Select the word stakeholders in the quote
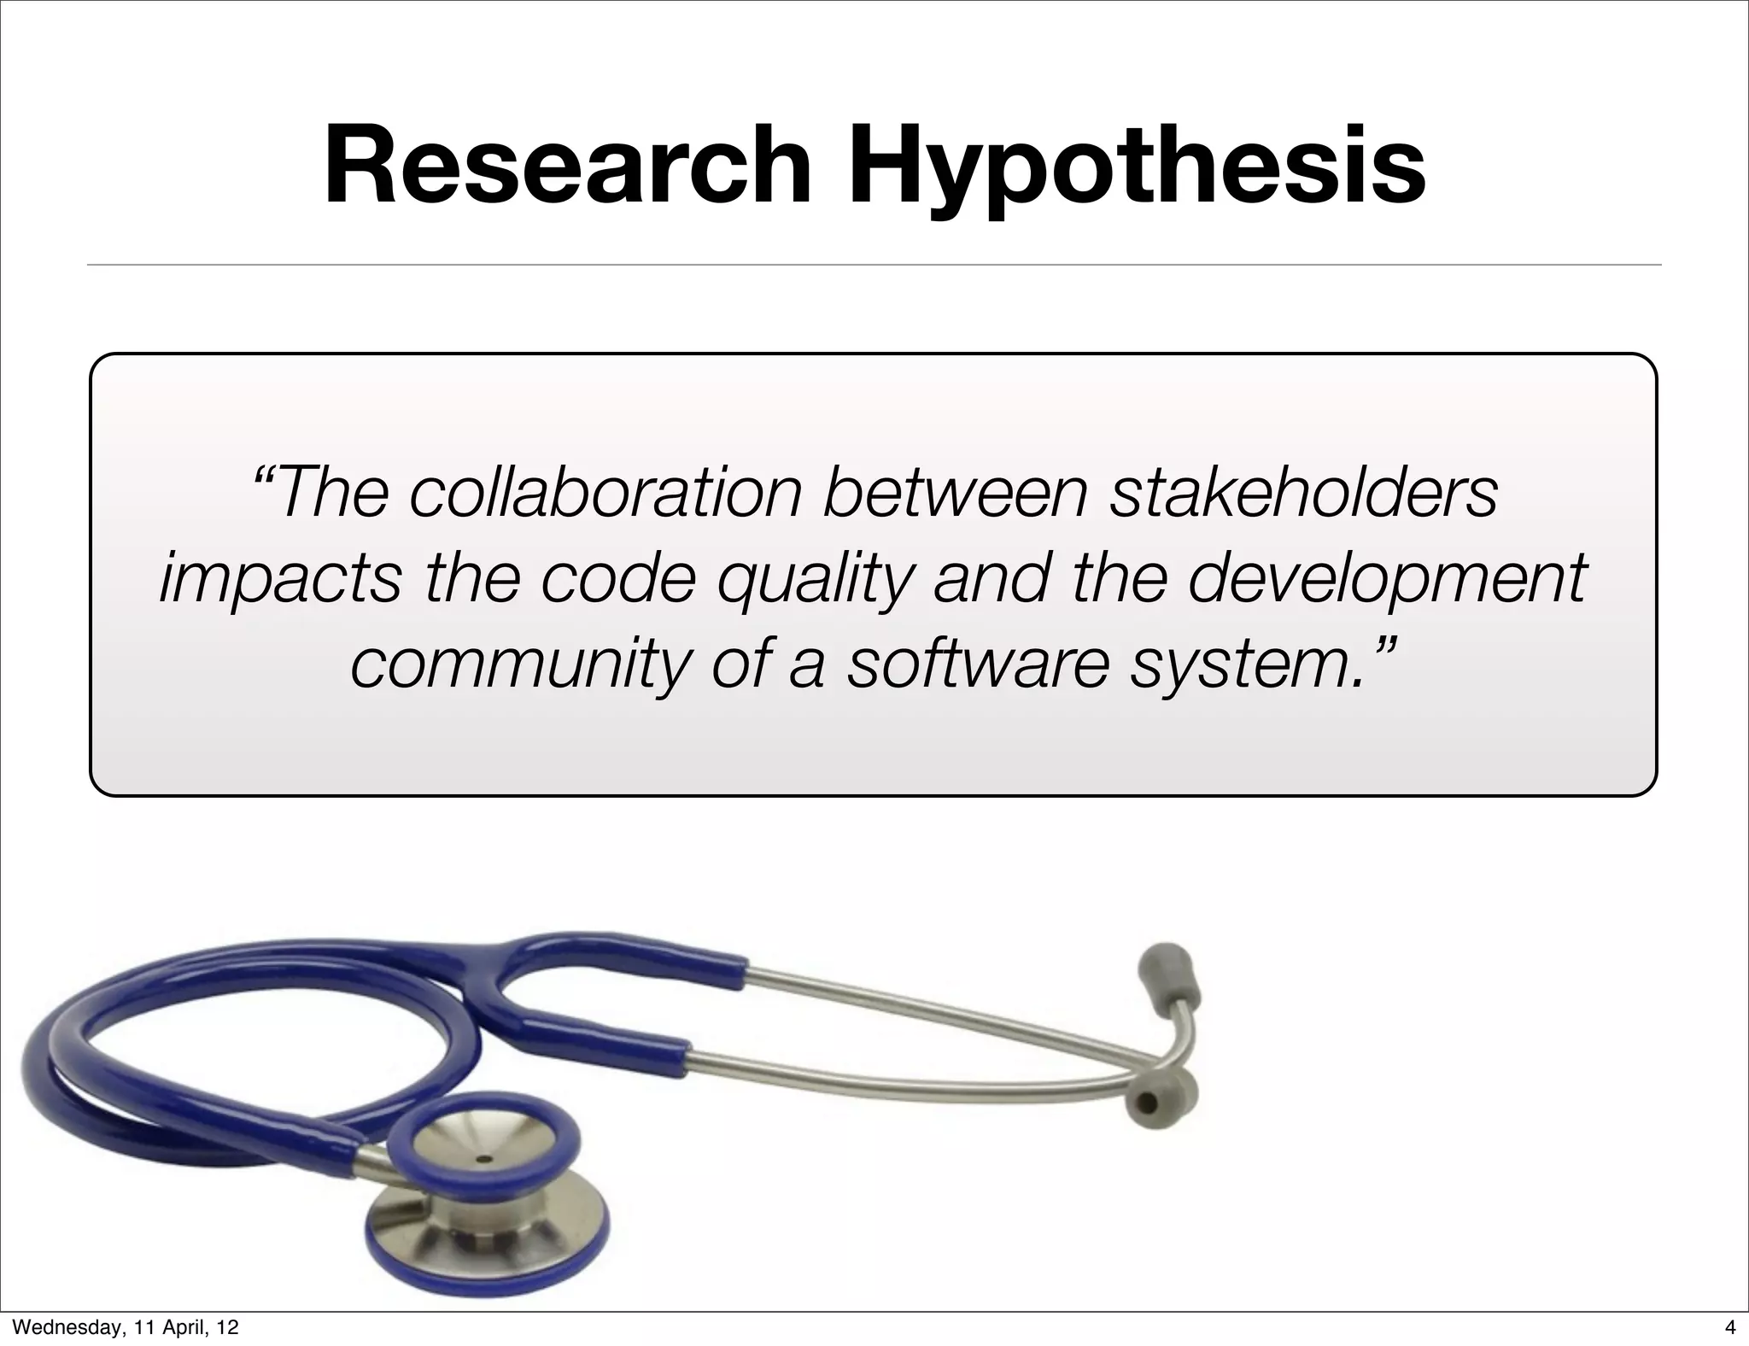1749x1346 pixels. (1303, 493)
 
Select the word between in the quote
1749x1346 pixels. (956, 493)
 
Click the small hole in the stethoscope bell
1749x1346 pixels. (485, 1160)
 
